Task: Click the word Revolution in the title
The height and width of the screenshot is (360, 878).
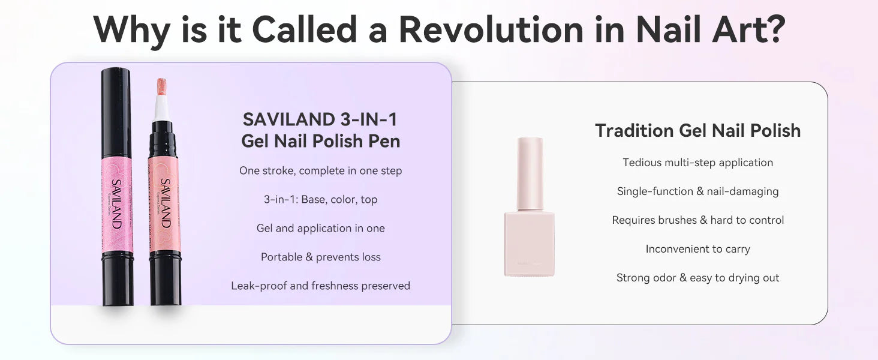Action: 491,29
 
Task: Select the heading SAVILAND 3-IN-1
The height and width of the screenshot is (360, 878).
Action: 320,119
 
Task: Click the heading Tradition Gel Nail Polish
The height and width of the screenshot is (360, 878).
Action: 697,131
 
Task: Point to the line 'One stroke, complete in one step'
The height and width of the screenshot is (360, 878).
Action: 321,171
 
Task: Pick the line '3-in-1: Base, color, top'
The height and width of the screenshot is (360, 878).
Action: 321,200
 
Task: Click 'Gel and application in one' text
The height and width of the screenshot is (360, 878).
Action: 321,228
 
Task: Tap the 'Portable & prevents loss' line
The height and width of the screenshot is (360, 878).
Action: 321,257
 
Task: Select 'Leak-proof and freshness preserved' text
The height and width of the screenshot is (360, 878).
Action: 321,286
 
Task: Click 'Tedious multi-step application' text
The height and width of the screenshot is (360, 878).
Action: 697,163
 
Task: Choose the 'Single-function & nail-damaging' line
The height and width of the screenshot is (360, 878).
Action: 697,191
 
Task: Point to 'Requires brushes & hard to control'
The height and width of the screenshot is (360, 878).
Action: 697,220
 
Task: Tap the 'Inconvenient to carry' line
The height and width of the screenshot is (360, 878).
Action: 697,249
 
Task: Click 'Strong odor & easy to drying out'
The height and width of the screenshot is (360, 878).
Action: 697,278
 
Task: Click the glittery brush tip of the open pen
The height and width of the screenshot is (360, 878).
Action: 161,86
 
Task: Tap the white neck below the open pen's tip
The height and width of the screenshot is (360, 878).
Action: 161,108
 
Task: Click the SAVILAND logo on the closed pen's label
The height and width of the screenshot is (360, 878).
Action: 116,204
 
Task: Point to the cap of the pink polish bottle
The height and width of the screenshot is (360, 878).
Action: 530,174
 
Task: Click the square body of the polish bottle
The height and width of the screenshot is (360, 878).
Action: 530,244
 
